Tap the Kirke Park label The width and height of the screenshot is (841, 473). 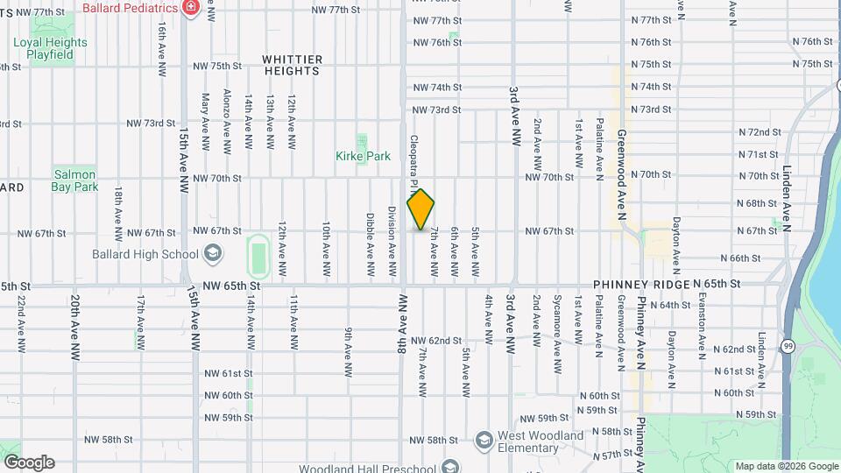[362, 156]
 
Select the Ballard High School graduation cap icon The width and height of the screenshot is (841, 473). [211, 255]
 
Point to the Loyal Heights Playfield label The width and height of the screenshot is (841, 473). [50, 48]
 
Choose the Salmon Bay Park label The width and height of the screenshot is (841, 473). [74, 180]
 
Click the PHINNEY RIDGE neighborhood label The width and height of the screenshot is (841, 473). [641, 285]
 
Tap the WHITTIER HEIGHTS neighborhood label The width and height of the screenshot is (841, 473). [293, 65]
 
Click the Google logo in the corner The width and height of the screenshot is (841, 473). [28, 462]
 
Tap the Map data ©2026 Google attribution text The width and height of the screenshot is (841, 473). [785, 466]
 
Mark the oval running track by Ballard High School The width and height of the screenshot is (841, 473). [257, 255]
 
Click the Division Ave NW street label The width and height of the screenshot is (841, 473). [391, 232]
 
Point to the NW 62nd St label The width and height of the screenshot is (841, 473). [435, 340]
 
